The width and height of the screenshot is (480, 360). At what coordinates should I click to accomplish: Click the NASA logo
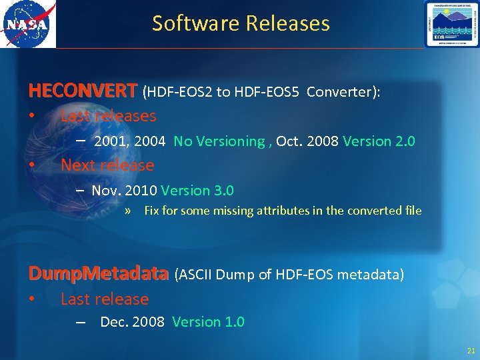(27, 24)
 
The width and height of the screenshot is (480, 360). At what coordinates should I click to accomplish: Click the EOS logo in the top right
(451, 24)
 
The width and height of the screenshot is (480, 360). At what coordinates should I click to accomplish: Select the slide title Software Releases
(241, 23)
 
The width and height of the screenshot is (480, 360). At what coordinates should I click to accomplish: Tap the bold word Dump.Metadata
(98, 273)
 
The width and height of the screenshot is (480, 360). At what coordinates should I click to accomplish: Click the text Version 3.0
(197, 191)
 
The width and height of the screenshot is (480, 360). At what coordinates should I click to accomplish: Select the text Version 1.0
(208, 322)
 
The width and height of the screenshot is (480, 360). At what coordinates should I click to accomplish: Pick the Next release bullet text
(107, 165)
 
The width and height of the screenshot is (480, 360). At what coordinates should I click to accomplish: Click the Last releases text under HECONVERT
(108, 116)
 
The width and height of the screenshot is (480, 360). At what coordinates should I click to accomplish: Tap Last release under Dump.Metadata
(105, 299)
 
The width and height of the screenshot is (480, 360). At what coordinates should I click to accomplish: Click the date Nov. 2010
(124, 191)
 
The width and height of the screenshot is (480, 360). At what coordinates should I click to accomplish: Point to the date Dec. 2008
(132, 322)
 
